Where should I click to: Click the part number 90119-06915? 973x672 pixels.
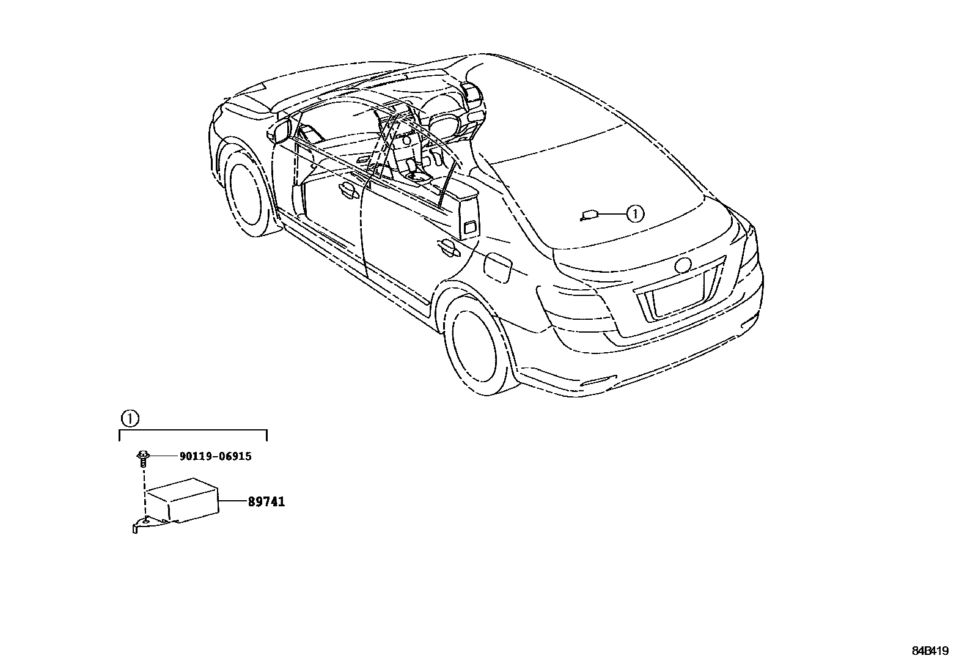(215, 456)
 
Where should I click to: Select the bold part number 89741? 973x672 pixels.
(266, 502)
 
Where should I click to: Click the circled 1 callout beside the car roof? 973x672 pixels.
(635, 214)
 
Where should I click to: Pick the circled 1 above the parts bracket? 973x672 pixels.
(130, 419)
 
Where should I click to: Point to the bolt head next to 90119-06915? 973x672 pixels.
(142, 456)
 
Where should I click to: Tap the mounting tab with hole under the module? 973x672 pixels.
(141, 523)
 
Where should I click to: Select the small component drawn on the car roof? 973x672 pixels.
(589, 215)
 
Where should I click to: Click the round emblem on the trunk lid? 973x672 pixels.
(682, 265)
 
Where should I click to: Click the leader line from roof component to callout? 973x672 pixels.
(612, 214)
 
